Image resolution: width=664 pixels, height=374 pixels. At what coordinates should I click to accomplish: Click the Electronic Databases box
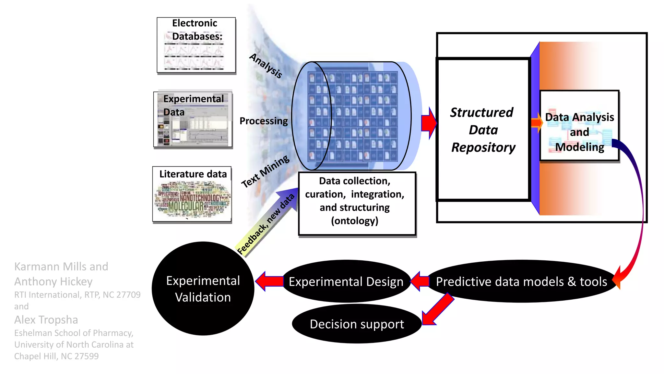pyautogui.click(x=196, y=45)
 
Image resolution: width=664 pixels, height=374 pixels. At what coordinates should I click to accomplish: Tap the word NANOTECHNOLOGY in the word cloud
pyautogui.click(x=200, y=197)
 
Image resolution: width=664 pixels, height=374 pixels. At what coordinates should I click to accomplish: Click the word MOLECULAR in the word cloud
pyautogui.click(x=186, y=206)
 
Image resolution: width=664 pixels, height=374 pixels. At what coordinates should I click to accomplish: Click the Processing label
pyautogui.click(x=263, y=121)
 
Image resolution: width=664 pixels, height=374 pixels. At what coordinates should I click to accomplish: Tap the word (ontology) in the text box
pyautogui.click(x=354, y=221)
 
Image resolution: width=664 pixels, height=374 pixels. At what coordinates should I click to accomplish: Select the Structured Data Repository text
pyautogui.click(x=483, y=130)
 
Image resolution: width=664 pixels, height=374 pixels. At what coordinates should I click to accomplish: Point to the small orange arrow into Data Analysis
pyautogui.click(x=537, y=123)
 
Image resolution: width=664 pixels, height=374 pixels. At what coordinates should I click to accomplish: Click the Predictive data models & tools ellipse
pyautogui.click(x=521, y=281)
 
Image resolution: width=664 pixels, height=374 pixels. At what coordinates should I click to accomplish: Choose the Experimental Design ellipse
pyautogui.click(x=346, y=281)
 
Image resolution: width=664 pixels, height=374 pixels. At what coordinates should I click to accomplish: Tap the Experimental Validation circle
pyautogui.click(x=203, y=289)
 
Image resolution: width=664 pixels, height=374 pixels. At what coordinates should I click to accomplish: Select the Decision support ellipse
pyautogui.click(x=357, y=324)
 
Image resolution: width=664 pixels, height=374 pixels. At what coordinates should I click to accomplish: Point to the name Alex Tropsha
pyautogui.click(x=46, y=320)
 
